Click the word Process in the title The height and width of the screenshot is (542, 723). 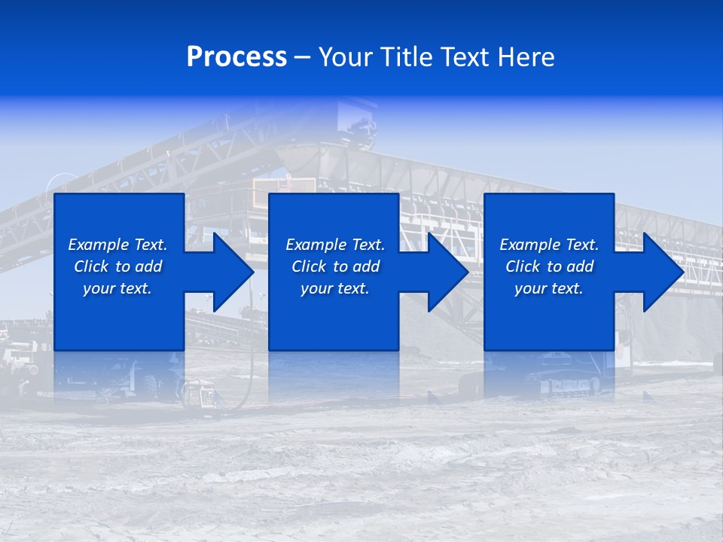(x=236, y=56)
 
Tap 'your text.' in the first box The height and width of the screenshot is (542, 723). (x=117, y=288)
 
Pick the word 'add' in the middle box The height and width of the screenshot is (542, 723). (x=366, y=266)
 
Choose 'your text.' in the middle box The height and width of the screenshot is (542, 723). (x=334, y=288)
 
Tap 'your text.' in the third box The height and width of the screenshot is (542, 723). (x=548, y=288)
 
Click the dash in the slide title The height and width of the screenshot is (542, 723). (x=302, y=58)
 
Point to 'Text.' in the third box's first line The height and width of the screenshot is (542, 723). (x=581, y=245)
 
